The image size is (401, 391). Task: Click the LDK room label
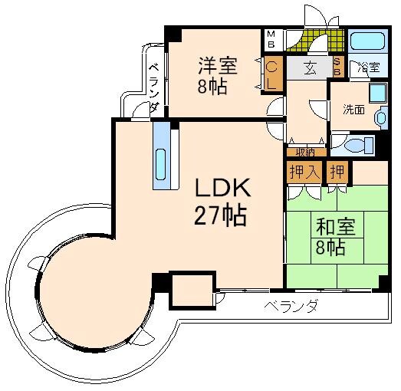(222, 187)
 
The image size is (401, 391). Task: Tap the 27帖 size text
(221, 215)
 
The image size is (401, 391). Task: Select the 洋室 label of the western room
(218, 66)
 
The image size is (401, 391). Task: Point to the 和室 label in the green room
(336, 227)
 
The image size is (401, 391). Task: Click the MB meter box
(271, 39)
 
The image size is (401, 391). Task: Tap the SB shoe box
(337, 67)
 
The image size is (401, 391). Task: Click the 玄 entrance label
(310, 68)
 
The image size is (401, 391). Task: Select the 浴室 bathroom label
(369, 67)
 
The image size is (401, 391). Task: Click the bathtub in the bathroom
(368, 41)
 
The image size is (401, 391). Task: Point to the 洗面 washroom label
(353, 110)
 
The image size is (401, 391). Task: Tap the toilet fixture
(360, 145)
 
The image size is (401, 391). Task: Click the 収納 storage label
(306, 153)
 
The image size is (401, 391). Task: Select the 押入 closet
(304, 172)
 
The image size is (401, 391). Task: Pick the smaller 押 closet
(337, 172)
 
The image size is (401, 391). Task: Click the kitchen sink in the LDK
(160, 164)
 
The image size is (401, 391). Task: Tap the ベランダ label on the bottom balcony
(291, 306)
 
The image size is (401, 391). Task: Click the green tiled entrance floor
(316, 41)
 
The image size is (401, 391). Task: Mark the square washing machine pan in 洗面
(378, 93)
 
